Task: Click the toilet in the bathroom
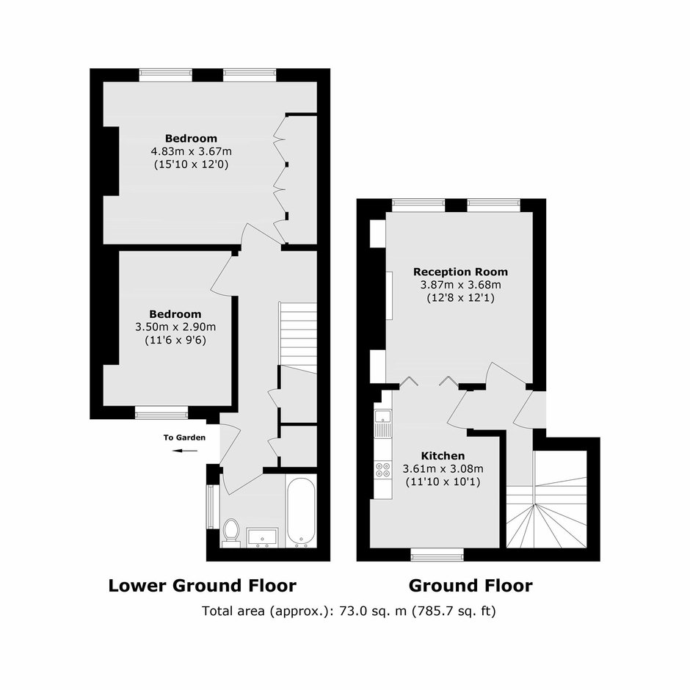coord(231,533)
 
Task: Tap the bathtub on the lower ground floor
coord(300,511)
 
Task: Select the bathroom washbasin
coord(262,537)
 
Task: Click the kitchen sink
coord(383,424)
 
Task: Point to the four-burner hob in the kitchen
coord(383,469)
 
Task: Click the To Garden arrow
coord(185,451)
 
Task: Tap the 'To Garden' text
coord(184,437)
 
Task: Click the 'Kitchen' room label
coord(443,456)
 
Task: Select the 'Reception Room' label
coord(460,272)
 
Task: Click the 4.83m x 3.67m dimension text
coord(192,152)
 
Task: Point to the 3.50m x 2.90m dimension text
coord(175,327)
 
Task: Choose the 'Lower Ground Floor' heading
coord(203,586)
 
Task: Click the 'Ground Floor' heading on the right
coord(471,586)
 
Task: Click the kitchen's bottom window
coord(437,554)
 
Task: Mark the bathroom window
coord(213,506)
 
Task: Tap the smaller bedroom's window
coord(161,413)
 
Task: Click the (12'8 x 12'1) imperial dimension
coord(460,298)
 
